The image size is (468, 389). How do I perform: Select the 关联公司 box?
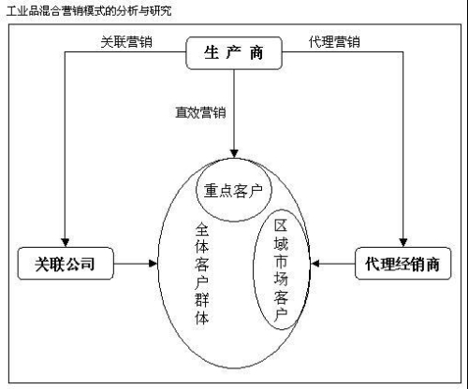65,264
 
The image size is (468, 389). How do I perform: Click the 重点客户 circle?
233,191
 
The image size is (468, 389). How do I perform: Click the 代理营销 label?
334,42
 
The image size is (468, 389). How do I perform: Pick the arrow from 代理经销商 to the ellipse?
332,264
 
